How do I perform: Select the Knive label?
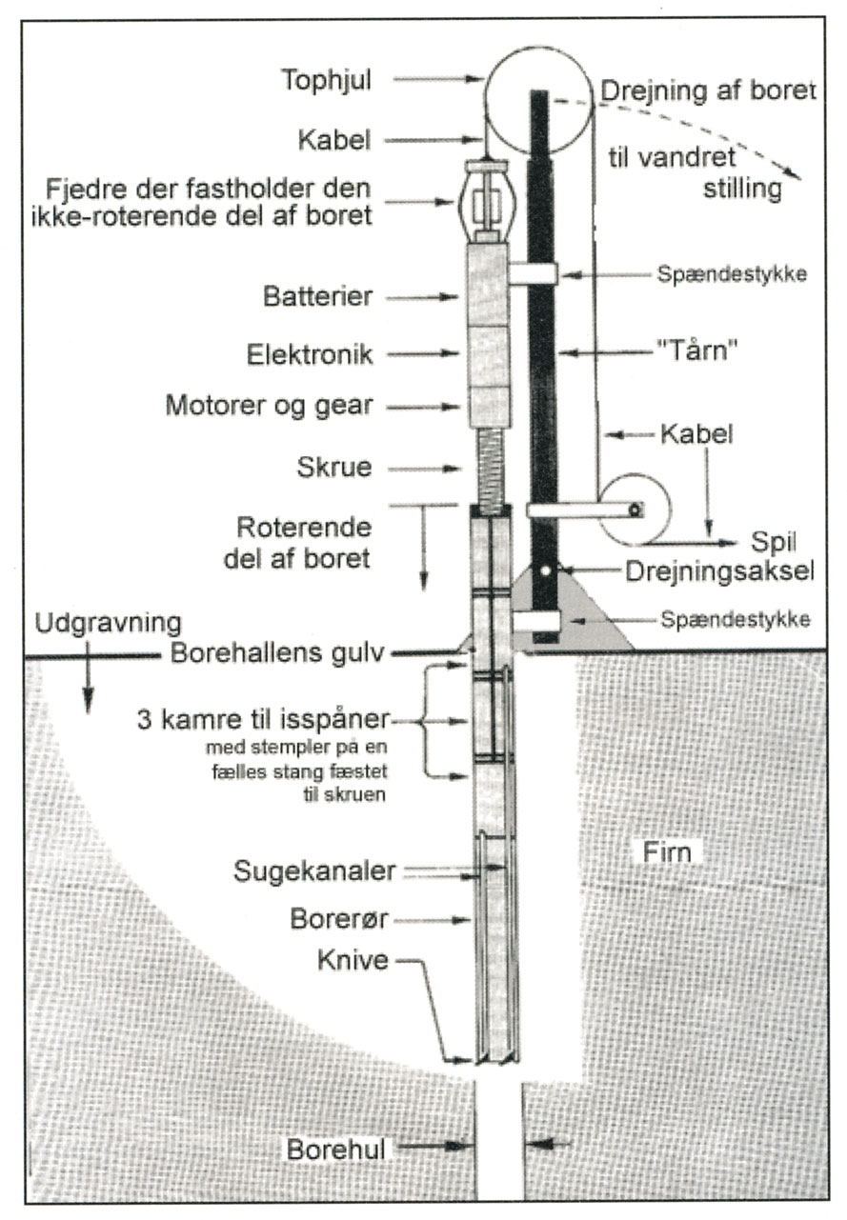pos(353,959)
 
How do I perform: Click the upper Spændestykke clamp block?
pos(533,274)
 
